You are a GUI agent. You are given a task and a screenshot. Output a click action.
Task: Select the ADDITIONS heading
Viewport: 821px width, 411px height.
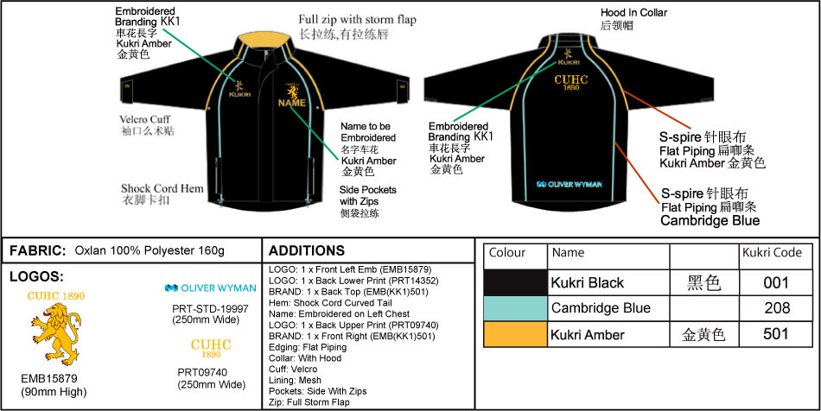pyautogui.click(x=307, y=251)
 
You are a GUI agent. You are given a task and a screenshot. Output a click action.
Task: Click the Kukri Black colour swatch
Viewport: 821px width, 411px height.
pyautogui.click(x=515, y=282)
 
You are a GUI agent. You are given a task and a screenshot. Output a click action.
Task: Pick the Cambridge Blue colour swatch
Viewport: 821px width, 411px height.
pyautogui.click(x=515, y=307)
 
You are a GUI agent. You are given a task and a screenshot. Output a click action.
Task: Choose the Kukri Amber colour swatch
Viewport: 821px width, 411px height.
pyautogui.click(x=515, y=333)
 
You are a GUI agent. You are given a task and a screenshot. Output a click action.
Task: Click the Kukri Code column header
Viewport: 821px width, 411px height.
pyautogui.click(x=772, y=253)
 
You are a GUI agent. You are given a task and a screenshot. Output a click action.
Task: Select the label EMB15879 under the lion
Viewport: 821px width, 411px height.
pyautogui.click(x=49, y=378)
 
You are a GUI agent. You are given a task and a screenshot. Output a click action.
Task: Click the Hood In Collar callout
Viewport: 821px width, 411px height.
pyautogui.click(x=633, y=13)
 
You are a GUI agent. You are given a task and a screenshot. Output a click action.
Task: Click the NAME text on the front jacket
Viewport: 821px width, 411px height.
pyautogui.click(x=291, y=104)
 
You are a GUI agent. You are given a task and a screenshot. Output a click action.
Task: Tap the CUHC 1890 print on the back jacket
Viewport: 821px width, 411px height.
pyautogui.click(x=571, y=82)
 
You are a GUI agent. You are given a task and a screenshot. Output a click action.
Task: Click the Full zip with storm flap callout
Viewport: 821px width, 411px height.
pyautogui.click(x=353, y=20)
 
